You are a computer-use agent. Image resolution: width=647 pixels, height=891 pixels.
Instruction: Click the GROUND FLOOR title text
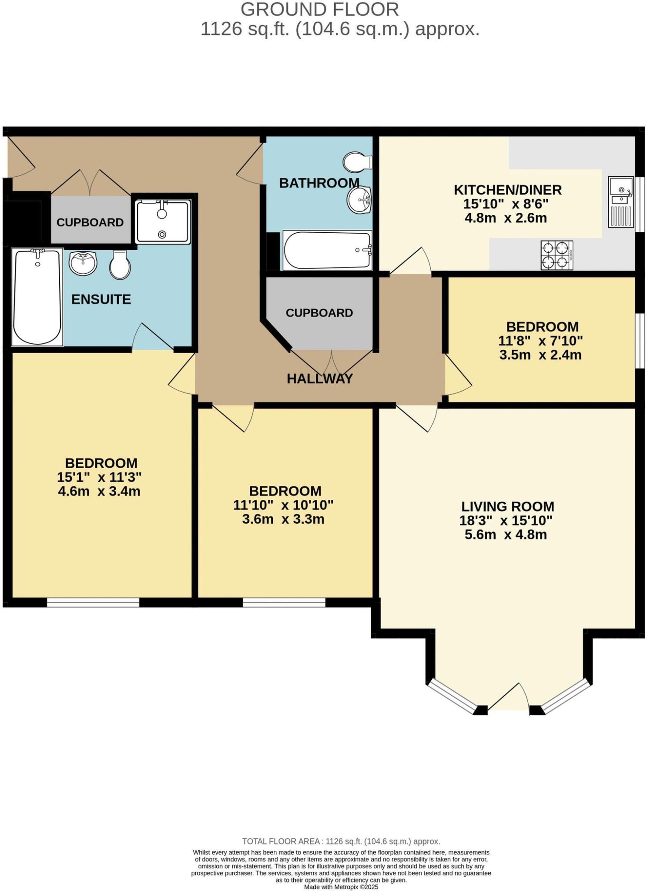click(x=319, y=10)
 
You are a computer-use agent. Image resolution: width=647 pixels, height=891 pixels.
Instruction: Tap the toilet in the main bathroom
click(x=357, y=162)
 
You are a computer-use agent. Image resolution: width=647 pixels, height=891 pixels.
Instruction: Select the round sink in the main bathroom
click(x=359, y=200)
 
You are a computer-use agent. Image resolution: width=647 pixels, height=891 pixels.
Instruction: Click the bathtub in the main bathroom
click(x=327, y=250)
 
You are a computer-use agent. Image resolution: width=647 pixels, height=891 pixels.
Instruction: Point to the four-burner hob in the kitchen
click(x=556, y=255)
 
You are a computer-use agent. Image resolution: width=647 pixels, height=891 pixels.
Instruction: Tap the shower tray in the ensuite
click(x=163, y=222)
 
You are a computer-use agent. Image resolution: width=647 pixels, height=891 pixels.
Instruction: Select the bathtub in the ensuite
click(x=37, y=297)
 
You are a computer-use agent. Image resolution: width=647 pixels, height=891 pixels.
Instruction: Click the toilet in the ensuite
click(x=120, y=265)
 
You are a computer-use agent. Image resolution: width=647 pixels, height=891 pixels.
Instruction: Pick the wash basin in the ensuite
click(x=83, y=263)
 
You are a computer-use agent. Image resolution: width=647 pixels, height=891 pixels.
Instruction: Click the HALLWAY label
click(x=319, y=379)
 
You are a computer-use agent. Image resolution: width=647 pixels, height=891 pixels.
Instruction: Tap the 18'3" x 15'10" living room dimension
click(x=506, y=520)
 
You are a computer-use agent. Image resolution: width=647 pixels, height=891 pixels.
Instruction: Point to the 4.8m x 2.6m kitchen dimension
click(x=506, y=218)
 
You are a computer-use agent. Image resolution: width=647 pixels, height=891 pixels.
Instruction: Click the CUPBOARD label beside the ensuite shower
click(x=90, y=222)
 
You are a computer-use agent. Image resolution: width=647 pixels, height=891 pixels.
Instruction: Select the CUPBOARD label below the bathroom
click(x=319, y=313)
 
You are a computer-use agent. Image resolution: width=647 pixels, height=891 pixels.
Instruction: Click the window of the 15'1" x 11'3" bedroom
click(x=93, y=602)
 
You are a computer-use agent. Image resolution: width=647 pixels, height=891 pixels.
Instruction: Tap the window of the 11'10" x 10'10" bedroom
click(x=284, y=602)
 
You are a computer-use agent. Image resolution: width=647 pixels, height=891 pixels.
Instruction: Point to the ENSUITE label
click(x=101, y=299)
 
